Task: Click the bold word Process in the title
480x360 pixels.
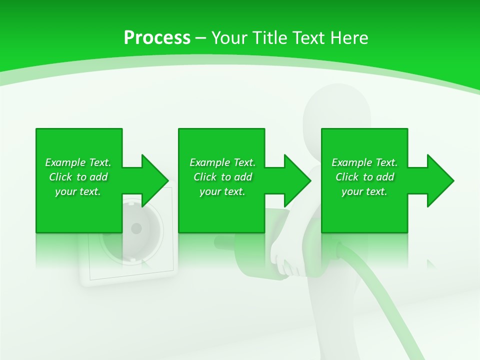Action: point(157,38)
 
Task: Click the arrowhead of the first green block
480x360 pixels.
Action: point(155,180)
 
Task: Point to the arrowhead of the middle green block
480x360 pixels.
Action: point(298,180)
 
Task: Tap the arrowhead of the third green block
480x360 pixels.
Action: point(440,180)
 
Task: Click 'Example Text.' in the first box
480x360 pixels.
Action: point(78,162)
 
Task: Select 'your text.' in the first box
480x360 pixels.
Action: point(78,191)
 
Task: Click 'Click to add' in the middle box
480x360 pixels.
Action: point(222,177)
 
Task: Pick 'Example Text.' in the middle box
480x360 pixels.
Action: point(222,162)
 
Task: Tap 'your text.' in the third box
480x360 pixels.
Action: point(364,191)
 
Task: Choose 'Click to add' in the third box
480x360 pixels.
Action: point(364,177)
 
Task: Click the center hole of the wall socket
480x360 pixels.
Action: point(136,229)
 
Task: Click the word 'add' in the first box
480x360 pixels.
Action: point(98,177)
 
